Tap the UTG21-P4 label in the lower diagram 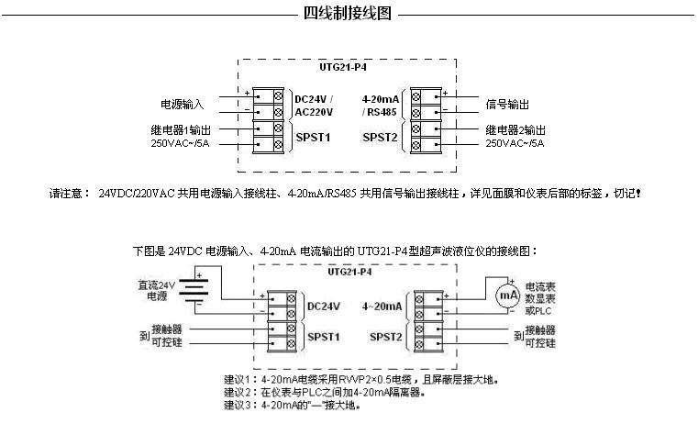click(x=349, y=273)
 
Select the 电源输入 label click(x=183, y=104)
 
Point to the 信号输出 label click(x=507, y=104)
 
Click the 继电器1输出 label click(x=180, y=129)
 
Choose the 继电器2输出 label click(x=515, y=129)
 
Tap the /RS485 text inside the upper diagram click(x=381, y=112)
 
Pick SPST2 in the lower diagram click(x=386, y=337)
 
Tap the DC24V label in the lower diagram click(x=324, y=306)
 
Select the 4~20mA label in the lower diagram click(x=383, y=306)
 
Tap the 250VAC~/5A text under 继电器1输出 click(x=181, y=143)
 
